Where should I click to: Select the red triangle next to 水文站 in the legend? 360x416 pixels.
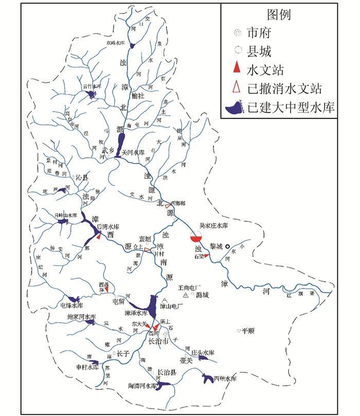[236, 68]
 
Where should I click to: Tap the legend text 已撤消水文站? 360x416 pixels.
[284, 88]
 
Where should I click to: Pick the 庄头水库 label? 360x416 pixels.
[202, 352]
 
